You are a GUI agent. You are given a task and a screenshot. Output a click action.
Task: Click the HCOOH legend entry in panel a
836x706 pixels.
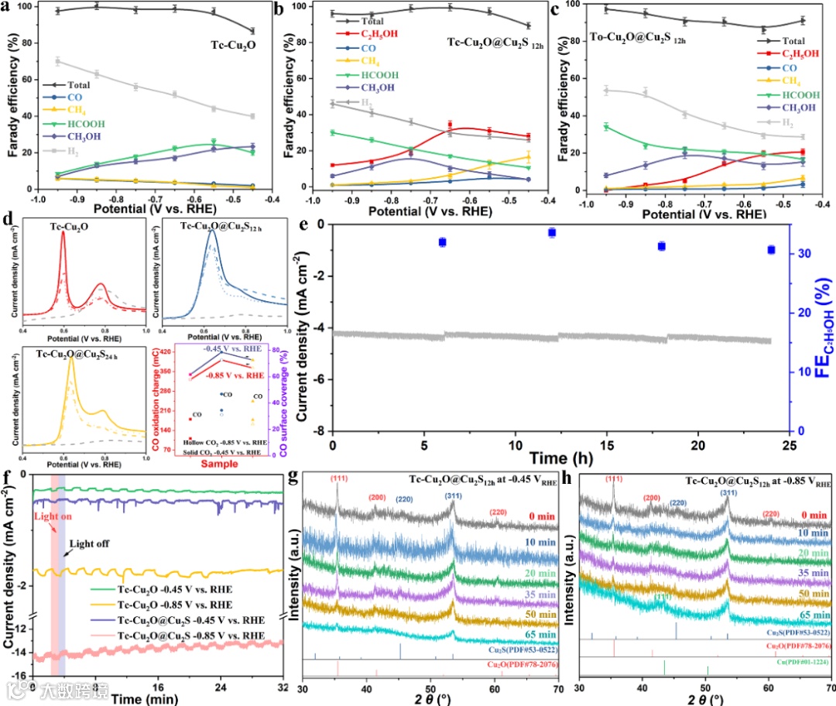[x=83, y=123]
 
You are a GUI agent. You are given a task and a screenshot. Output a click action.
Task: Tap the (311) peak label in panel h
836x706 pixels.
[x=728, y=491]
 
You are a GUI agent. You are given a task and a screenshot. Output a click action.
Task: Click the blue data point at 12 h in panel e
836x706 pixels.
[x=552, y=232]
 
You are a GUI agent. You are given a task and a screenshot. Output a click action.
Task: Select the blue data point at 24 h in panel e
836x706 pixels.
[x=771, y=249]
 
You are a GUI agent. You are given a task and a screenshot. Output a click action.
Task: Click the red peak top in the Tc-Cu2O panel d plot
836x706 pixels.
[x=63, y=233]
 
